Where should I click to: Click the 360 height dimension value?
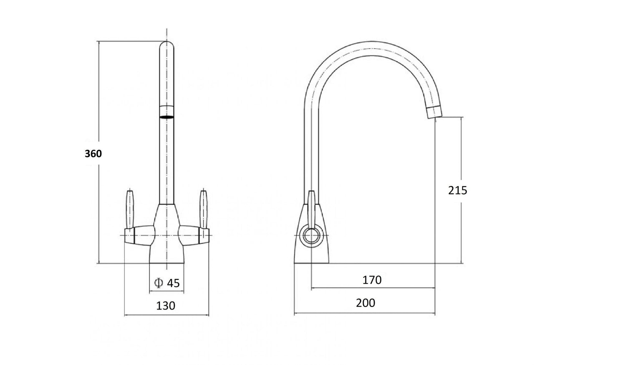click(93, 154)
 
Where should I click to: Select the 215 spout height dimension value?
click(457, 190)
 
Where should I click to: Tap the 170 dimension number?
click(372, 280)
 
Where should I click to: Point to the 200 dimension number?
click(366, 303)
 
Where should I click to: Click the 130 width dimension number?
click(166, 306)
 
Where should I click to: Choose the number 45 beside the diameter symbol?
click(173, 283)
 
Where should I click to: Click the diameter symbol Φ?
click(159, 283)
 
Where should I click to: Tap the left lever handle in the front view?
click(130, 209)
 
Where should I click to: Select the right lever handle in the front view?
click(203, 209)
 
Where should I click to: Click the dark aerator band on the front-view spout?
click(167, 117)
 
